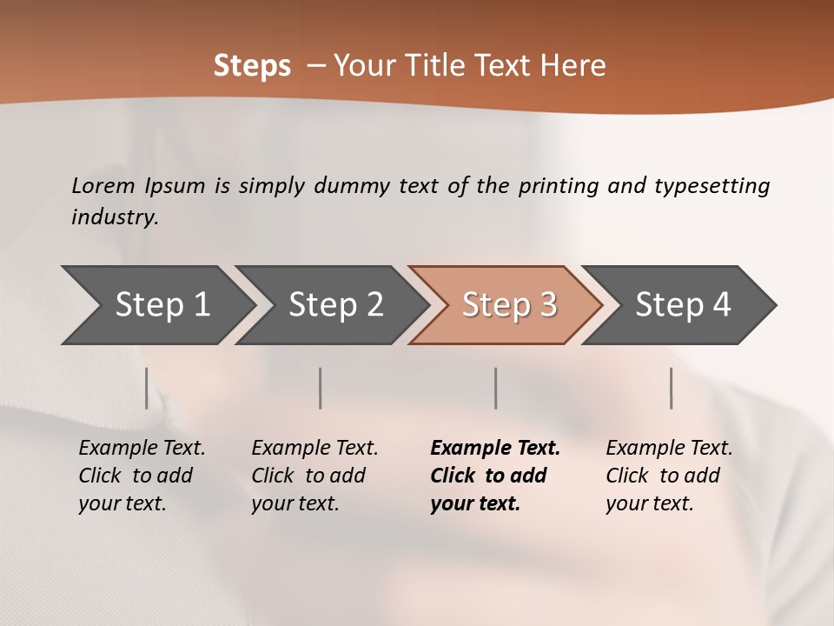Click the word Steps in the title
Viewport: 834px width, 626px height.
(252, 66)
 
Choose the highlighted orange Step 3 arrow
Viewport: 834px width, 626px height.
(509, 304)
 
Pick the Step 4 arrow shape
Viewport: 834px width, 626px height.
(683, 304)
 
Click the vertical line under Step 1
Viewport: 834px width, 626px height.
(146, 388)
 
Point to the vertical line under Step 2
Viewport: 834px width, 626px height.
(321, 388)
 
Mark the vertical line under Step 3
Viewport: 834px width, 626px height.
(495, 388)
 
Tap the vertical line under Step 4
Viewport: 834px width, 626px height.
(671, 388)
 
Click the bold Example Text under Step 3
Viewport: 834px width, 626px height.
(495, 449)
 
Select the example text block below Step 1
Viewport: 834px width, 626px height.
(142, 476)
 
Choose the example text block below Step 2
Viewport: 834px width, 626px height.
(314, 476)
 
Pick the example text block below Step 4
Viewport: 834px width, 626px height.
(669, 476)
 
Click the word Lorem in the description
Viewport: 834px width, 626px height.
(103, 185)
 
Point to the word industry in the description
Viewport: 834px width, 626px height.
(115, 217)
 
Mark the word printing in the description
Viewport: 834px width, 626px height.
(559, 186)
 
